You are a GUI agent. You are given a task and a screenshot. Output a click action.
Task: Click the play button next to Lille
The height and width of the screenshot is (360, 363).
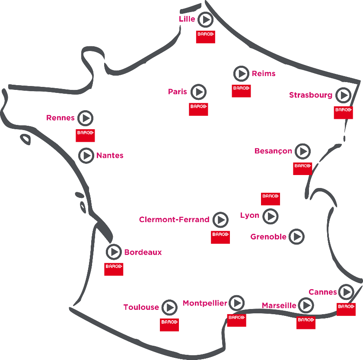click(205, 20)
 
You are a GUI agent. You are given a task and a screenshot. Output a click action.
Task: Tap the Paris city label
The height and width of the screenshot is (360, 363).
click(177, 92)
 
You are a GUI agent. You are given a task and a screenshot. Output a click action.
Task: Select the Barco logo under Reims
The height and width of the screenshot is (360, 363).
click(241, 91)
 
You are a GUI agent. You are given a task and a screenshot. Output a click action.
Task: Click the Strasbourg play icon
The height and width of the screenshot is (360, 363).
click(344, 95)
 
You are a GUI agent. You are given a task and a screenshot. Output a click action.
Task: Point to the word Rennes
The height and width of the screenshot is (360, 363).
click(60, 118)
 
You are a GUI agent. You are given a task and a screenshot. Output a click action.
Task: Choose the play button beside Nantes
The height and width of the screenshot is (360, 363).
click(86, 156)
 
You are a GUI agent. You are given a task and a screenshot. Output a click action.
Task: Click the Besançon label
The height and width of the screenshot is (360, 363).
click(273, 151)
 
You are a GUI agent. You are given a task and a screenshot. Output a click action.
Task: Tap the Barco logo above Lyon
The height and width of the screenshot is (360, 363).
click(271, 199)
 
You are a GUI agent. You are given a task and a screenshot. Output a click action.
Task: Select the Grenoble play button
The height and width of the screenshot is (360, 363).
click(297, 236)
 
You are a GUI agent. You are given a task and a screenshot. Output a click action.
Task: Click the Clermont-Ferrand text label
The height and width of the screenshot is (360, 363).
click(174, 219)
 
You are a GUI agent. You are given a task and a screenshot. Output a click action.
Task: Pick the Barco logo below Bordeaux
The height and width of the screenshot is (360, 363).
click(114, 269)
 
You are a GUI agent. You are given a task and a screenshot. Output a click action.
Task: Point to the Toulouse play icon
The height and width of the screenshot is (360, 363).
click(169, 307)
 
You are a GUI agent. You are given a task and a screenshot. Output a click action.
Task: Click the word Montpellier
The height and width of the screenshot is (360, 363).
click(205, 303)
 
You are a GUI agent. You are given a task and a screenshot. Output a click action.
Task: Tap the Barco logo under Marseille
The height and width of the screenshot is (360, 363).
click(306, 323)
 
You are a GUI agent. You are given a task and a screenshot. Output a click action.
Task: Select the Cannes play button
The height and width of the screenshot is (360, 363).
click(346, 292)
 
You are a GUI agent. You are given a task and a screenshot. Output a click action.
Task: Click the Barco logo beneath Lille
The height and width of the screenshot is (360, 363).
click(206, 37)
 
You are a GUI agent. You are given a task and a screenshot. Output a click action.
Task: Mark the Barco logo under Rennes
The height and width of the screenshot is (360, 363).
click(85, 135)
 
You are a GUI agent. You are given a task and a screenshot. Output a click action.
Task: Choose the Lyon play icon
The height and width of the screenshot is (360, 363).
click(271, 216)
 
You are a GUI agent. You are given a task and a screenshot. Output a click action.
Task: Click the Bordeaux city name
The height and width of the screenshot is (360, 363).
click(143, 252)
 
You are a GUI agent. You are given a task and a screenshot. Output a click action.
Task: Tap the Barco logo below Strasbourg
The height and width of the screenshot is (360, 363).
click(343, 112)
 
